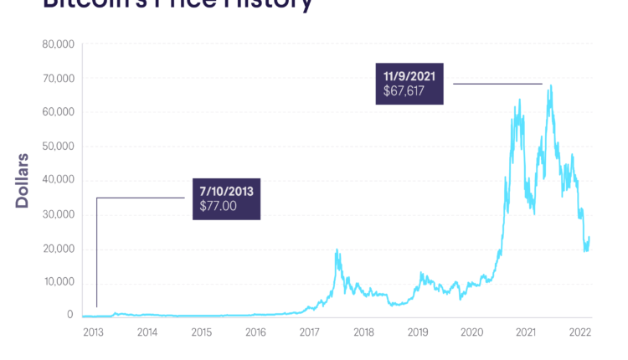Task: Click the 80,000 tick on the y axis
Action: tap(59, 44)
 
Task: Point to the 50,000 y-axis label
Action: tap(59, 146)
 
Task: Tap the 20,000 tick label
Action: tap(59, 249)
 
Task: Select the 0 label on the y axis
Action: tap(70, 316)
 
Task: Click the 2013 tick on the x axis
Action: tap(93, 332)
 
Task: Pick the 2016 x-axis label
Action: tap(255, 332)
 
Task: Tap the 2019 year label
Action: tap(418, 332)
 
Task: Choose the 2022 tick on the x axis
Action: tap(579, 332)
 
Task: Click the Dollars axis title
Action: tap(23, 180)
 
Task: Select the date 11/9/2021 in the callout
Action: tap(410, 76)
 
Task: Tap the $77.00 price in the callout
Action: tap(219, 205)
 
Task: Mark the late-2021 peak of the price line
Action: tap(550, 85)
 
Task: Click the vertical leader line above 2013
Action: tap(96, 251)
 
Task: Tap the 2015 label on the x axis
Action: tap(201, 332)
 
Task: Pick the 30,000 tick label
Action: tap(59, 214)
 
